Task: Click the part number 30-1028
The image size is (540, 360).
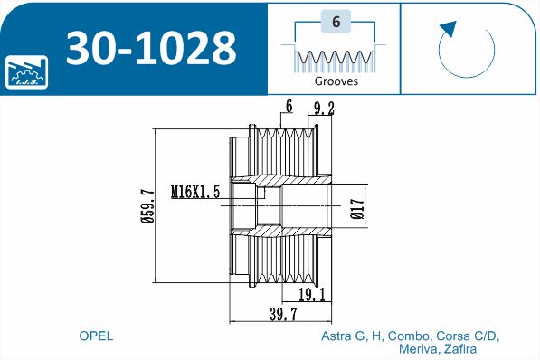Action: click(x=151, y=48)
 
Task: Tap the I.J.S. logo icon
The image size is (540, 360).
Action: click(x=26, y=72)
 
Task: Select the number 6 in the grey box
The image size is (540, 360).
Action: click(x=336, y=22)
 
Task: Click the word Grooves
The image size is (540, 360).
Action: click(x=336, y=81)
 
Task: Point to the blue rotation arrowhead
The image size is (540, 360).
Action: click(x=448, y=29)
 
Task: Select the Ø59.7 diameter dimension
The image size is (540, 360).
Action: click(x=148, y=205)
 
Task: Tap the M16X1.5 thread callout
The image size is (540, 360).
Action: click(x=195, y=192)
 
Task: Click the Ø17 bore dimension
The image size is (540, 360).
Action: click(x=357, y=209)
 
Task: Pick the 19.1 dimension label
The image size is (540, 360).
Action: click(x=312, y=295)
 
